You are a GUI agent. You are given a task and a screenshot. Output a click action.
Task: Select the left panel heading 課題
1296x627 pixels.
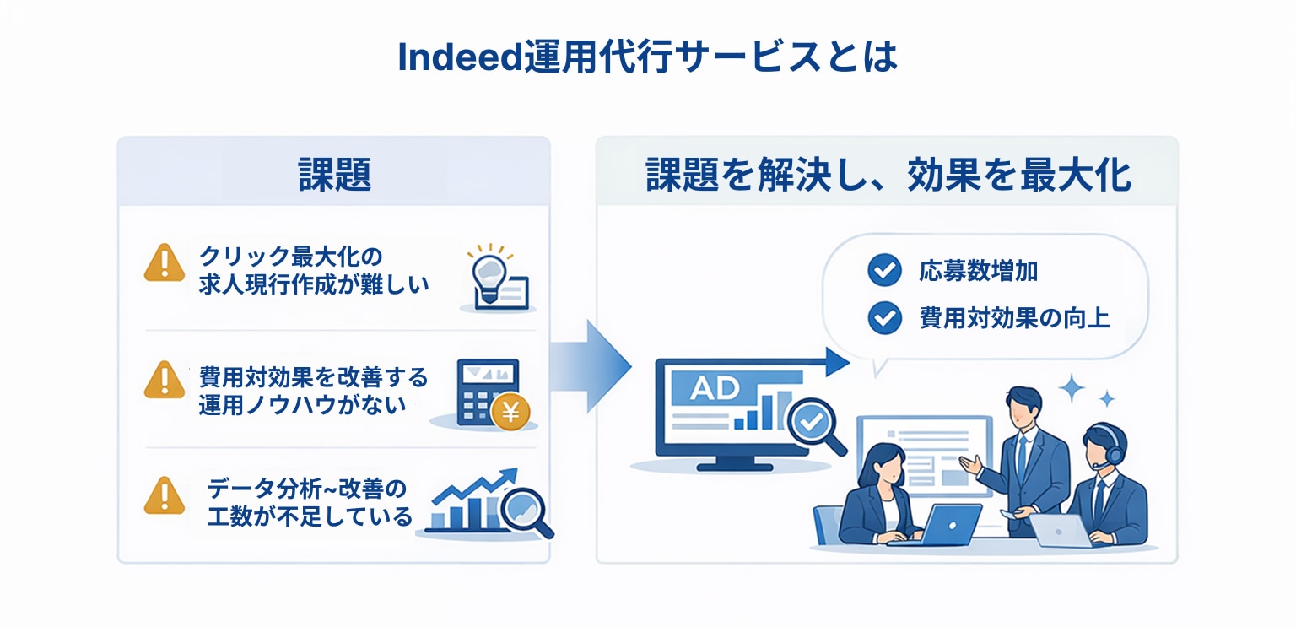click(335, 176)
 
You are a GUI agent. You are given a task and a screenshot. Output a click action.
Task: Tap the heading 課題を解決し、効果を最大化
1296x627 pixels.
click(888, 176)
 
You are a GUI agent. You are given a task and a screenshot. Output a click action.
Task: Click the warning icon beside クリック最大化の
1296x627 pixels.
click(165, 262)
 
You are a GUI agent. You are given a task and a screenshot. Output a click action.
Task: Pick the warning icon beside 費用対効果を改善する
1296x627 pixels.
click(165, 380)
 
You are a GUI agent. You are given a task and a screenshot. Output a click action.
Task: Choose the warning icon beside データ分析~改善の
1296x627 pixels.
click(165, 495)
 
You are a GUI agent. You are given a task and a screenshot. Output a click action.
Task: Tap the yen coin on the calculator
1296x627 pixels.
click(510, 413)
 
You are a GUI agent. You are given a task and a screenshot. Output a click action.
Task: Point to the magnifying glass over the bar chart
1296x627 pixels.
click(524, 508)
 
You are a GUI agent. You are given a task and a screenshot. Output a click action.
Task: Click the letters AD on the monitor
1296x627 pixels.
click(714, 389)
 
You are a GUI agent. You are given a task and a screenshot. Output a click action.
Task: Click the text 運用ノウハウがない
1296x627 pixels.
click(302, 404)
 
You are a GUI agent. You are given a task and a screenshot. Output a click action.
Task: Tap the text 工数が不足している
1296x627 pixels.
click(310, 516)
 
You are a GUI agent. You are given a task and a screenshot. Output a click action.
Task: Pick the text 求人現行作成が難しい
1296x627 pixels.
click(315, 284)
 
